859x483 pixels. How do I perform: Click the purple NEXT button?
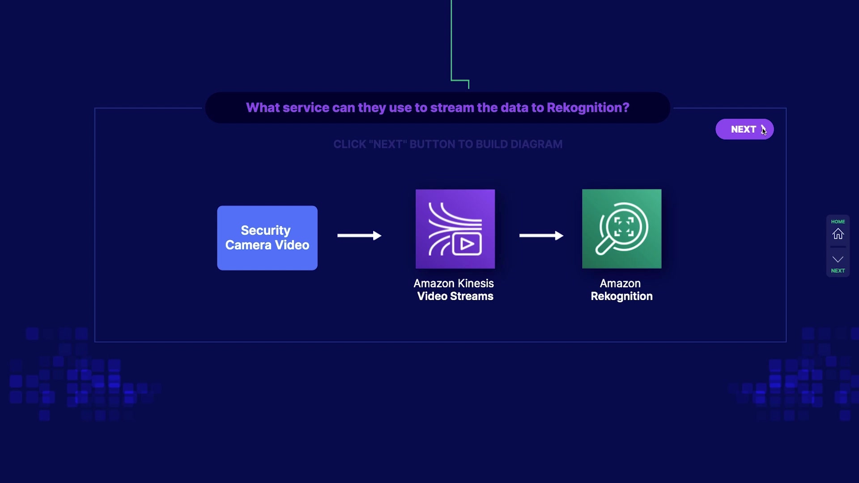(744, 129)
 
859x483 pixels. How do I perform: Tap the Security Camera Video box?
(267, 238)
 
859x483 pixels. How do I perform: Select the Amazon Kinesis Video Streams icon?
(455, 229)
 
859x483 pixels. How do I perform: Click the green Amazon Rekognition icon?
(621, 229)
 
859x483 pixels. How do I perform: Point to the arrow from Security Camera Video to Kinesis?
(359, 236)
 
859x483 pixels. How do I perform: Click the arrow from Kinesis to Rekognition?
(541, 236)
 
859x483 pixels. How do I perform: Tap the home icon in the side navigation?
(838, 234)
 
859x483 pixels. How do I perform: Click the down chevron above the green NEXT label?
(838, 259)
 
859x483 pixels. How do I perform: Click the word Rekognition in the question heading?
(588, 108)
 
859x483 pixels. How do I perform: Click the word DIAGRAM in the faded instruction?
(536, 144)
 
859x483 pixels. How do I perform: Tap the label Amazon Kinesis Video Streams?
(455, 290)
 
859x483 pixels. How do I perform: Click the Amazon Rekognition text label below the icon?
(621, 290)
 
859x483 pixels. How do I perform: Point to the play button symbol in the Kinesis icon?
(467, 244)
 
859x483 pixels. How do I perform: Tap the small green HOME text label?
(838, 221)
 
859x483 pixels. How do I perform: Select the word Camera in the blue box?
(248, 245)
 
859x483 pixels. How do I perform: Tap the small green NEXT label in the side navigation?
(838, 271)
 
